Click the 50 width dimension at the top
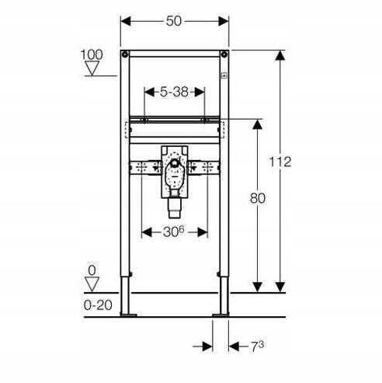[x=174, y=21]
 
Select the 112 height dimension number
[x=280, y=162]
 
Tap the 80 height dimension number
[x=258, y=198]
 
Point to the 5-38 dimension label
[x=174, y=92]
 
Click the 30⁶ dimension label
[x=174, y=232]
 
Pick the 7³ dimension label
[x=258, y=346]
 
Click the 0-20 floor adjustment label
[x=98, y=305]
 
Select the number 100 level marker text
[x=92, y=54]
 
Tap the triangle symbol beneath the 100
[x=92, y=68]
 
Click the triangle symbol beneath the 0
[x=92, y=284]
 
